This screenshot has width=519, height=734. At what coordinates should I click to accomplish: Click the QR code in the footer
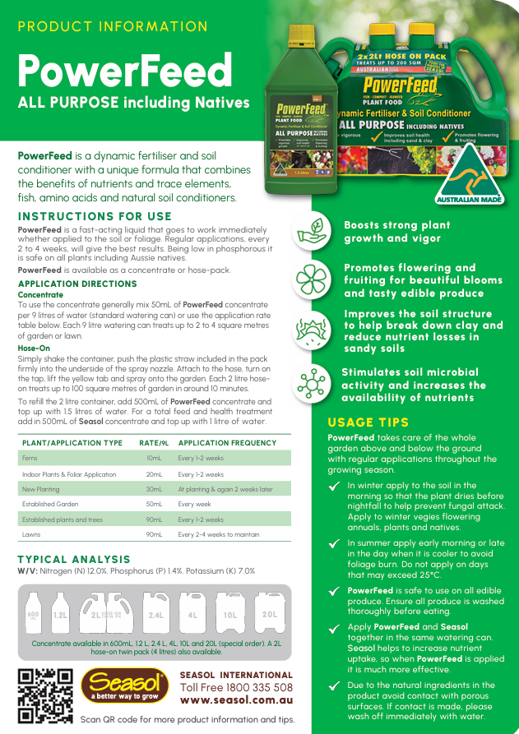coord(45,695)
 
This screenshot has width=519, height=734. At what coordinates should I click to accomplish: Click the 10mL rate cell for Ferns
coord(154,458)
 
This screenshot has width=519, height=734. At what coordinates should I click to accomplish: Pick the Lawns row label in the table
coord(32,534)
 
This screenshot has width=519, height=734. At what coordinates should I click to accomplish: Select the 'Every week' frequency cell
coord(195,504)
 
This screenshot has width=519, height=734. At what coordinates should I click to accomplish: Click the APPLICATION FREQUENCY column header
coord(216,443)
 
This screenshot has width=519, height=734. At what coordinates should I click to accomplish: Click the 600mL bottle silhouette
coord(34,615)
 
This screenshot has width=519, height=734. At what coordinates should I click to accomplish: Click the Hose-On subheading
coord(34,349)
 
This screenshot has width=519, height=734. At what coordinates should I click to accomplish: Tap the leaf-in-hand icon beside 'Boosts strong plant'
coord(313,230)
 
